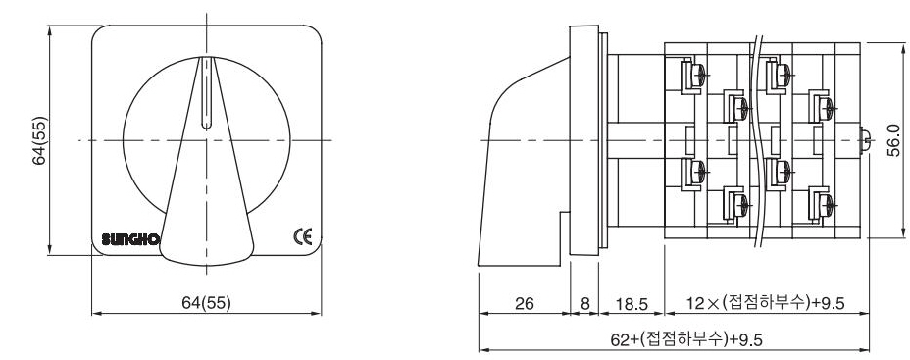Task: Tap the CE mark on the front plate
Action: tap(302, 237)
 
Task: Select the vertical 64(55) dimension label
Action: tap(40, 140)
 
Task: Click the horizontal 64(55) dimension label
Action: tap(207, 302)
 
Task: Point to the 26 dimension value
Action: tap(524, 303)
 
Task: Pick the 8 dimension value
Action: tap(584, 303)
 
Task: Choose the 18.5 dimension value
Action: tap(631, 303)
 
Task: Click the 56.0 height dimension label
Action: tap(893, 140)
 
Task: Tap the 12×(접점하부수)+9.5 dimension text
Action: tap(766, 302)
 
